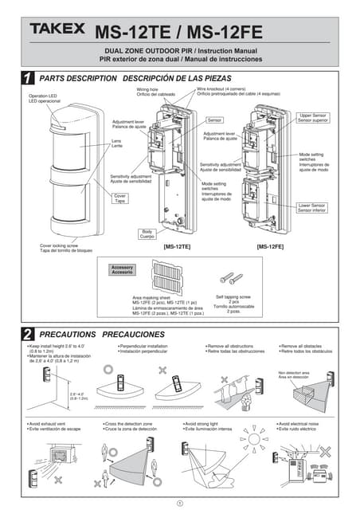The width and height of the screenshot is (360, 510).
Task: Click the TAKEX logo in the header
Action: click(x=57, y=29)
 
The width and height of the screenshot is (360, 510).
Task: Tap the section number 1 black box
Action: click(x=27, y=79)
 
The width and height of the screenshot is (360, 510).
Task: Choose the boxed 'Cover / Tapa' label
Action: click(x=120, y=198)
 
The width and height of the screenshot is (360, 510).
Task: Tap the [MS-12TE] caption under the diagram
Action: click(x=177, y=248)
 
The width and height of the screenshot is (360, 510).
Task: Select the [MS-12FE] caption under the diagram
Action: click(x=270, y=248)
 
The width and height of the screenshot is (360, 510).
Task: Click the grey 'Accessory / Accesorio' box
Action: click(x=122, y=269)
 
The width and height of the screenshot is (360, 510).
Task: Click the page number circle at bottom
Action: click(x=180, y=502)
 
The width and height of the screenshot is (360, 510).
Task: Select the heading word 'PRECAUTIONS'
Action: click(x=68, y=334)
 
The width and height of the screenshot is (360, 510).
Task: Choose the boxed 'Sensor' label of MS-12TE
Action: click(x=213, y=120)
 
